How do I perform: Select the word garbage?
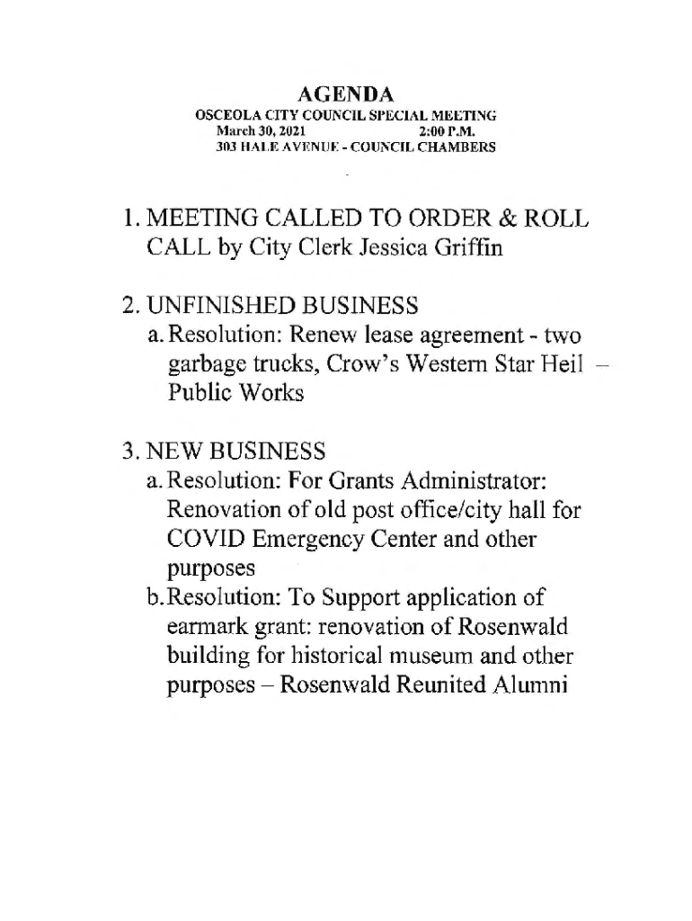203,365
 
